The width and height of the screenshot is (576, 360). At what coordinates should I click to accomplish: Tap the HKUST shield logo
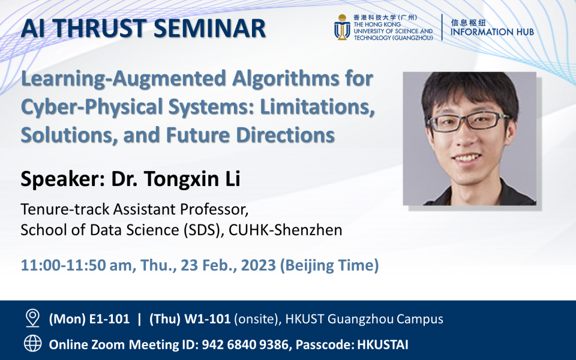click(x=343, y=28)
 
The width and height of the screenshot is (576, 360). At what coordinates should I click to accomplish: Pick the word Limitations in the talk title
click(x=314, y=107)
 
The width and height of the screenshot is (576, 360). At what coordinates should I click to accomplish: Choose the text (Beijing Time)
click(x=329, y=264)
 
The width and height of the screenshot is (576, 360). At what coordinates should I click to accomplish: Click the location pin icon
click(x=32, y=319)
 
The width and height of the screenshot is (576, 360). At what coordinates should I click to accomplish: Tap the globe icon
click(x=32, y=344)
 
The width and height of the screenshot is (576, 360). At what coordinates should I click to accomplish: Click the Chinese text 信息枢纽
click(x=467, y=20)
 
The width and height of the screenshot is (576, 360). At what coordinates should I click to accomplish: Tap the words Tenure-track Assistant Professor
click(x=134, y=210)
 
